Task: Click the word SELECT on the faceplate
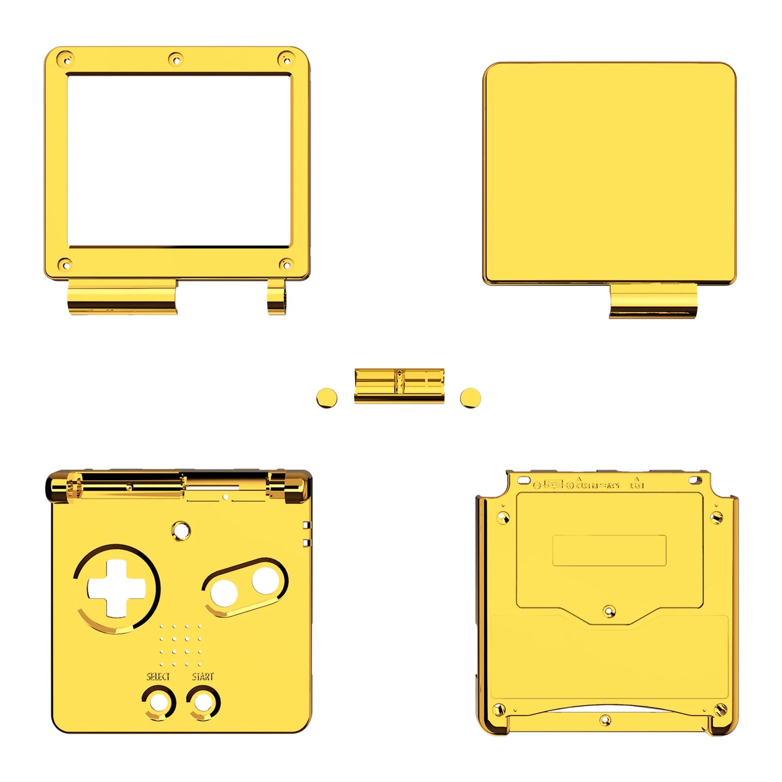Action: pos(157,676)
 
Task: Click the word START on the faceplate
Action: pos(202,676)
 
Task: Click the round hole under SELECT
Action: pos(159,703)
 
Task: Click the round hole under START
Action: pos(203,703)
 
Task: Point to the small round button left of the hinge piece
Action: pos(326,398)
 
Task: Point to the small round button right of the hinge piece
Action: pos(470,398)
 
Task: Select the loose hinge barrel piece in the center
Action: pos(399,386)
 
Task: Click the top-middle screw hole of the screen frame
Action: pos(175,59)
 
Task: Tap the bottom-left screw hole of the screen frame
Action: pos(65,265)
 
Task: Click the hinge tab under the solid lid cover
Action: pos(653,301)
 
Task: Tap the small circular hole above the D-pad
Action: pos(181,530)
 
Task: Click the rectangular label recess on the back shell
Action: pos(609,550)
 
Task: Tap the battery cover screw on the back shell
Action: pos(609,612)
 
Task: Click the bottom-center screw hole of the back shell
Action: pos(606,720)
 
